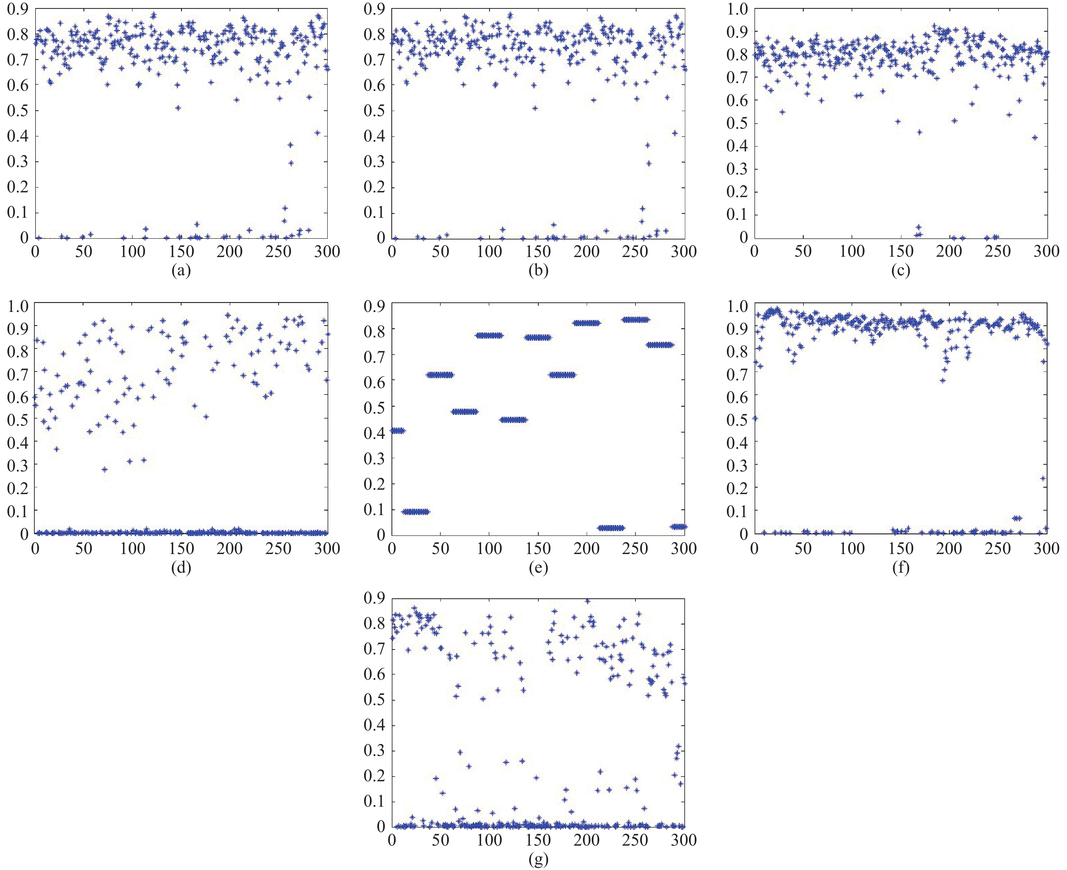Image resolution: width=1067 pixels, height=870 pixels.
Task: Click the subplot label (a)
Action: coord(181,271)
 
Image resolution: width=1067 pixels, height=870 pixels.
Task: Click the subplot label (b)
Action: coord(538,271)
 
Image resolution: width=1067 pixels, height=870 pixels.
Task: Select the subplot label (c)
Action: coord(901,271)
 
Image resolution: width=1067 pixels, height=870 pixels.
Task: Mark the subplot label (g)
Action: coord(538,860)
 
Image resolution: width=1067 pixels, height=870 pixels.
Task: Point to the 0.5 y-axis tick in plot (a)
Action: coord(18,111)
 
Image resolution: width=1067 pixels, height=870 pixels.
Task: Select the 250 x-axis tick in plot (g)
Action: coord(635,841)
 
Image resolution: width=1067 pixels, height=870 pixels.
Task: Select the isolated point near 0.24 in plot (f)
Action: coord(1043,478)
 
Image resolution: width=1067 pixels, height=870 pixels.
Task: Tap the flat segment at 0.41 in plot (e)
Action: coord(397,430)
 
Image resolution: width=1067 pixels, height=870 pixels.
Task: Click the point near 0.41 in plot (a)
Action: coord(317,133)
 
